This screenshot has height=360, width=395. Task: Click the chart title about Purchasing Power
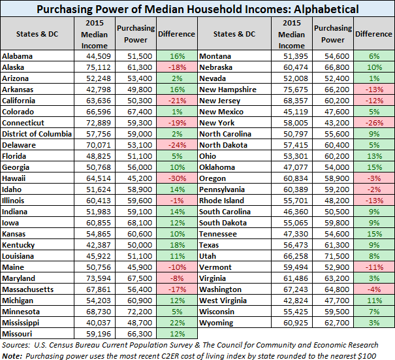(197, 8)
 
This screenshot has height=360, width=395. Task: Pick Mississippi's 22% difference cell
(177, 323)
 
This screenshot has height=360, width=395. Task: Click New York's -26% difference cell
(374, 122)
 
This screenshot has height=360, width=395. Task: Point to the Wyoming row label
(217, 323)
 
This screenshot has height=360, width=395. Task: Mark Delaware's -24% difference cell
(177, 144)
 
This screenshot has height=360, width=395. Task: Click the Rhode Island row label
(222, 200)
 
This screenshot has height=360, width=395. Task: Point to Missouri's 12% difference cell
(177, 334)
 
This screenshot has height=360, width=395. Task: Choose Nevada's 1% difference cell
(374, 78)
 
